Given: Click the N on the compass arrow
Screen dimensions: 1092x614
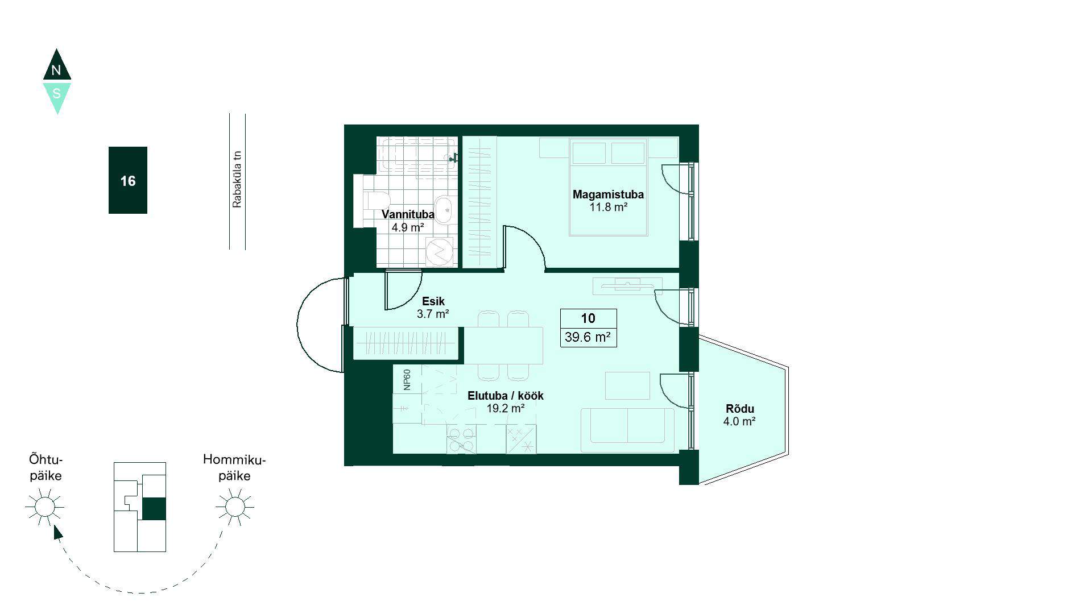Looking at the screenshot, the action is click(56, 70).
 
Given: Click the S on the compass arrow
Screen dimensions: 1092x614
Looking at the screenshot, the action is click(56, 93).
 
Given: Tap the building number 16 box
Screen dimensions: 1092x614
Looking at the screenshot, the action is click(128, 180).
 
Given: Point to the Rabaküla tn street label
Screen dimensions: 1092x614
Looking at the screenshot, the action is click(237, 179).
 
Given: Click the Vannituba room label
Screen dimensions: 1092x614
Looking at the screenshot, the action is click(408, 214).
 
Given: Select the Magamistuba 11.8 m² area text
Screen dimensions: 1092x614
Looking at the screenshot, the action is click(608, 207).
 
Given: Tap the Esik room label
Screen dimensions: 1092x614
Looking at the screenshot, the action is click(433, 301).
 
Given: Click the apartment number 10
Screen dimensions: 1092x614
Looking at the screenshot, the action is click(588, 318).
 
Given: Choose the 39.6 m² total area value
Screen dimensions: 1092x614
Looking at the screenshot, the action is click(588, 337).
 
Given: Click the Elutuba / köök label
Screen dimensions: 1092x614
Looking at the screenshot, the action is click(506, 396).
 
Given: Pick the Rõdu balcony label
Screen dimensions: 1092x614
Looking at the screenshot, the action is click(740, 409).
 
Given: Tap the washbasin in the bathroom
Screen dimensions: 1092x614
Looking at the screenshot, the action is click(444, 208).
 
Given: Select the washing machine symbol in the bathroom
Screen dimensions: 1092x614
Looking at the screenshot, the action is click(441, 251).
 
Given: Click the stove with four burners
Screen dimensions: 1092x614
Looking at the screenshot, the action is click(461, 439).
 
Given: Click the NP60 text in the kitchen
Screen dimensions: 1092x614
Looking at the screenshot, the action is click(407, 380).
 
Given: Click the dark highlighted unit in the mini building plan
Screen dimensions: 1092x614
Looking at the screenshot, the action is click(154, 509).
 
